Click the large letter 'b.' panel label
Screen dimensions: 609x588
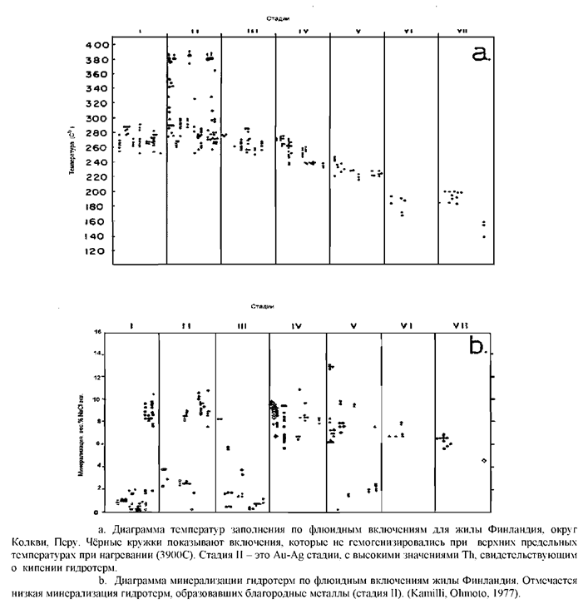[480, 346]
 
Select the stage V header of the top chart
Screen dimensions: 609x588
[357, 32]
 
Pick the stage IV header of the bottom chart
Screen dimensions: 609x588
[297, 326]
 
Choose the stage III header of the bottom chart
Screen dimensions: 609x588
[242, 326]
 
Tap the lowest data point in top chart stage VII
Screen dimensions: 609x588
[483, 237]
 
